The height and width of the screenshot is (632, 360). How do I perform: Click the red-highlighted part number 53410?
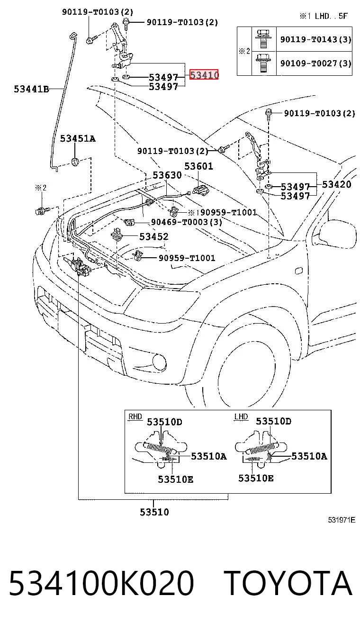point(204,75)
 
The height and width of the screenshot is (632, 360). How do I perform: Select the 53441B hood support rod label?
point(31,89)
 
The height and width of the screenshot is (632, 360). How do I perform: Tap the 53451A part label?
point(78,138)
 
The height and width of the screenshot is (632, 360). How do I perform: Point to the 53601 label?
point(198,166)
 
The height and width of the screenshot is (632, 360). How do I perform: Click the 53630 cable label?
point(167,175)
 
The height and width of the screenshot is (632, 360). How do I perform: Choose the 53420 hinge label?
point(337,184)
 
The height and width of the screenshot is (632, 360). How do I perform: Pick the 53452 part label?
point(154,236)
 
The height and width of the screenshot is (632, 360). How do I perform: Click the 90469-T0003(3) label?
point(187,222)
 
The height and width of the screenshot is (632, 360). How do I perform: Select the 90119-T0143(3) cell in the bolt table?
point(315,39)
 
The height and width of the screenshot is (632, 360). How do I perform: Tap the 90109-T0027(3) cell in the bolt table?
point(315,63)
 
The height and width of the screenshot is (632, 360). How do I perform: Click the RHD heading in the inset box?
point(135,417)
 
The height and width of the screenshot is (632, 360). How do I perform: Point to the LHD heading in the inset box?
point(241,417)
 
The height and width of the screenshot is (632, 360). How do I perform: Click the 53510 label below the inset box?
point(154,512)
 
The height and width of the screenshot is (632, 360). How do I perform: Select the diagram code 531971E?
point(342,520)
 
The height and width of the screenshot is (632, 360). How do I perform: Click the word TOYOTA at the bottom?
point(289,583)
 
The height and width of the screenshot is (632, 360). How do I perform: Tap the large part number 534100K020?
point(101,583)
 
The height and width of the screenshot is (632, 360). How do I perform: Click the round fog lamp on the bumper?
point(159,363)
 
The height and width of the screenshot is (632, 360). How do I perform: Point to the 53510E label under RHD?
point(175,479)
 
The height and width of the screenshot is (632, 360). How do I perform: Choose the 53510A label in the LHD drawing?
point(309,456)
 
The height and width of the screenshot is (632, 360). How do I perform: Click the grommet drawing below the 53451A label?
point(74,162)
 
